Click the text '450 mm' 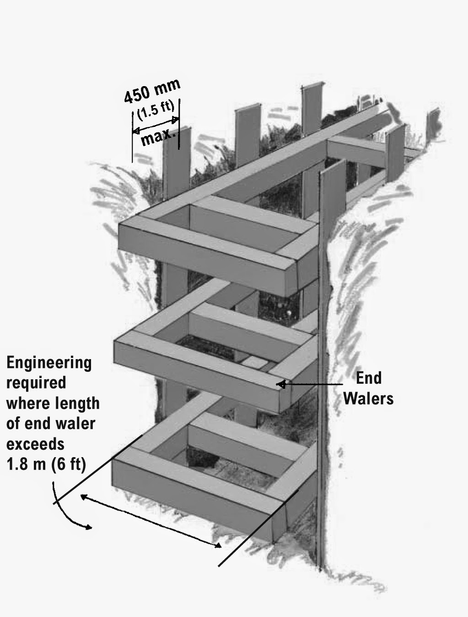coord(152,90)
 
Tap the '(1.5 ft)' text coord(155,110)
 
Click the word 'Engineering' coord(49,363)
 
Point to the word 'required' coord(36,382)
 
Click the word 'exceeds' coord(35,443)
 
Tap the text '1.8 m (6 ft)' coord(46,464)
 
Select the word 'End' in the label coord(369,378)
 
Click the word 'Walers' coord(368,398)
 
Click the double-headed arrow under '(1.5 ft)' coord(156,125)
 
